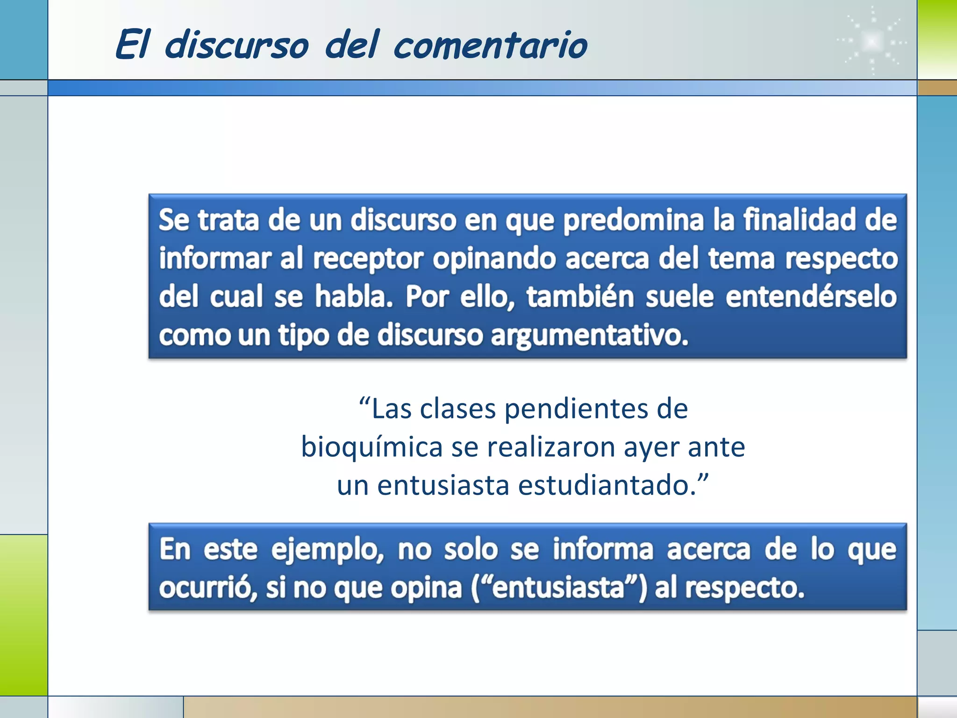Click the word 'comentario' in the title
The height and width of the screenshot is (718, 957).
(490, 46)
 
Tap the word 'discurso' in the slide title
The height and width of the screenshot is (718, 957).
(236, 46)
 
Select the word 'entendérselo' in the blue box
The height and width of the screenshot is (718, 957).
(811, 297)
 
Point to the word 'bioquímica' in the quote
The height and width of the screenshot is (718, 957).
(372, 447)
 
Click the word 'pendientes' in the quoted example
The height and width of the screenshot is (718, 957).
(576, 409)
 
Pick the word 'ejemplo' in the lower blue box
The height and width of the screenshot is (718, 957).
(327, 550)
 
